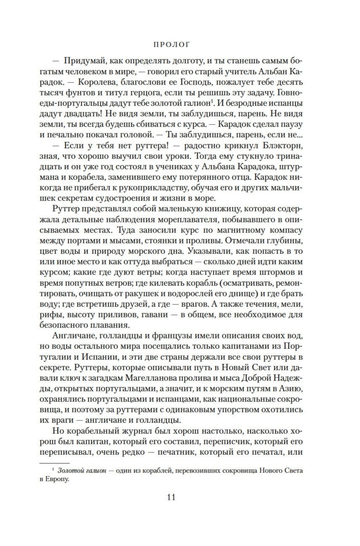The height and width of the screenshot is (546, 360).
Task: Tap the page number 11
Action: point(171,497)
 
